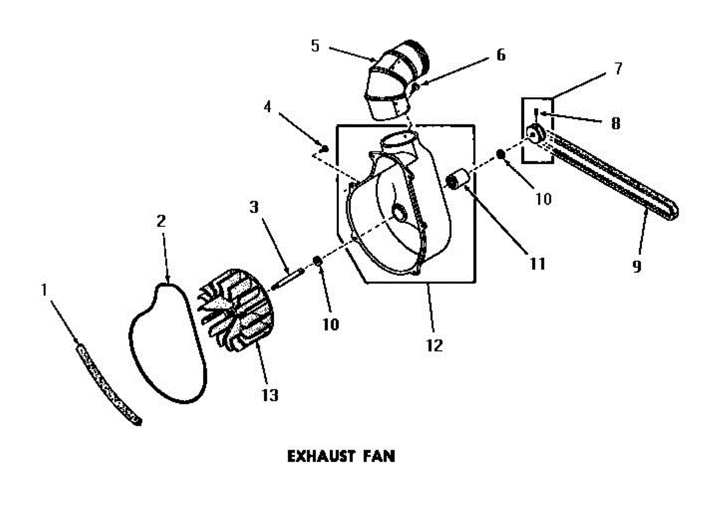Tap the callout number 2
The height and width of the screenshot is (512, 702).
[161, 221]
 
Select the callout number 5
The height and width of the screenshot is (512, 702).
[315, 46]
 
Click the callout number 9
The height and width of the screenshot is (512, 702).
[637, 265]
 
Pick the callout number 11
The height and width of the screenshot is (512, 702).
[536, 264]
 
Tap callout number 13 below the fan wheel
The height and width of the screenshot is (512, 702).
[270, 395]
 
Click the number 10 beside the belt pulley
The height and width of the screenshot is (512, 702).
[543, 199]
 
